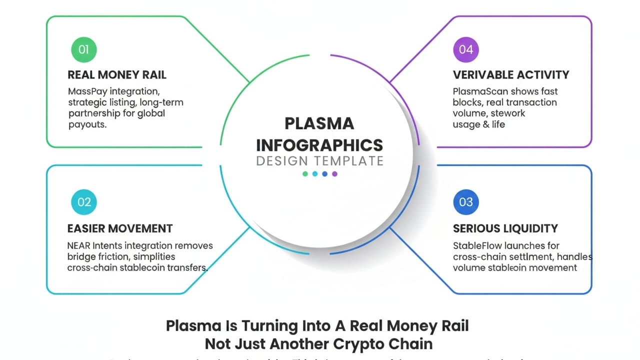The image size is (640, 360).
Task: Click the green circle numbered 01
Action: point(84,49)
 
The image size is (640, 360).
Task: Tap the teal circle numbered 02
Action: point(84,202)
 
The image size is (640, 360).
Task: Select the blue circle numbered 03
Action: point(466,202)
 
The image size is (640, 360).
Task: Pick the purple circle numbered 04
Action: point(466,49)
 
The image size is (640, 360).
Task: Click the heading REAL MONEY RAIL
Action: point(117,75)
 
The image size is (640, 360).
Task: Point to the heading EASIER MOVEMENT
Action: point(120,228)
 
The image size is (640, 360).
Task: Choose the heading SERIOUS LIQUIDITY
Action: point(505,228)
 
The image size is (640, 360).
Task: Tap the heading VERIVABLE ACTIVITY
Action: point(511,75)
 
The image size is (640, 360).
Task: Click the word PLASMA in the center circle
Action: point(319,123)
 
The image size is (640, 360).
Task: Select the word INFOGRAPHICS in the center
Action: point(319,145)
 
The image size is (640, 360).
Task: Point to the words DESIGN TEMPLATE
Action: point(319,161)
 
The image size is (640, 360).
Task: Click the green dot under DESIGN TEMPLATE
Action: point(305,174)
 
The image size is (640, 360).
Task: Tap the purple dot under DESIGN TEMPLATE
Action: point(334,174)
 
